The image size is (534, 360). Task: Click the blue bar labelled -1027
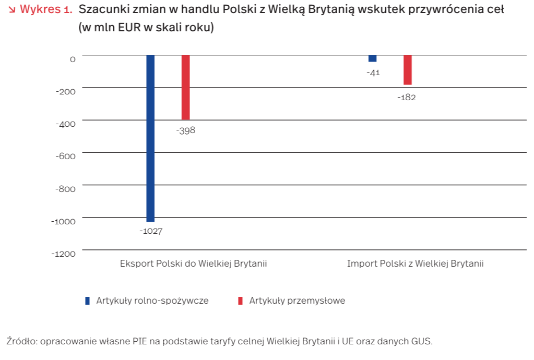[150, 138]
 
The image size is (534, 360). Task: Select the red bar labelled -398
[185, 87]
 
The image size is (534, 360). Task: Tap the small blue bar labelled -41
[372, 58]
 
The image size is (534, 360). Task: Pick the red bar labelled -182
[408, 70]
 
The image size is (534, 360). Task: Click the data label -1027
[151, 231]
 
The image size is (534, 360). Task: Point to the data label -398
[186, 130]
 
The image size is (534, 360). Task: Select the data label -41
[373, 73]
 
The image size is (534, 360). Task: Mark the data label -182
[407, 98]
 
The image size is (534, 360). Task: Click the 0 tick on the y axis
[73, 59]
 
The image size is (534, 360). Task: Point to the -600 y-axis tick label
[65, 156]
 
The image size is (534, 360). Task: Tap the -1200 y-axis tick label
[63, 254]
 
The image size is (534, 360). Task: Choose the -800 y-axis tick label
[65, 188]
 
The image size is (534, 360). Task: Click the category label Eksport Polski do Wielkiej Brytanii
[193, 263]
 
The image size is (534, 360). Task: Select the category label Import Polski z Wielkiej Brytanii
[415, 263]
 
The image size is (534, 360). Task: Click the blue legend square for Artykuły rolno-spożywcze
[88, 301]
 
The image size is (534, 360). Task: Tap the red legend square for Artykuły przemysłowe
[240, 301]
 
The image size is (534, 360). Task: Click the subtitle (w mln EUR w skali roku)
[146, 28]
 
